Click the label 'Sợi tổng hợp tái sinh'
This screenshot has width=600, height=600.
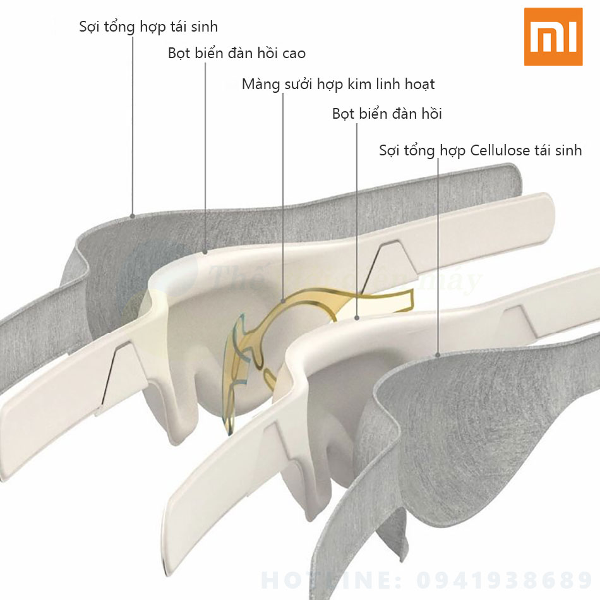[x=148, y=27]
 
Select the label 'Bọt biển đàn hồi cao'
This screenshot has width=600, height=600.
[x=237, y=53]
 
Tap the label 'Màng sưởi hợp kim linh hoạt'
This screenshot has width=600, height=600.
[x=338, y=84]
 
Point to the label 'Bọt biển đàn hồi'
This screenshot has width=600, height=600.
[x=387, y=114]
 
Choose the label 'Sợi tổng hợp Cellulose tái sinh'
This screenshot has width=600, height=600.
[x=480, y=150]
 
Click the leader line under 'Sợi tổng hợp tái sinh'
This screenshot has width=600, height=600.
[x=133, y=126]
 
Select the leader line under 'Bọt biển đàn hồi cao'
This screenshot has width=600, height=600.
[x=207, y=158]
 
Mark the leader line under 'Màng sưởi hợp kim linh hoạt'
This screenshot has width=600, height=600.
[x=282, y=189]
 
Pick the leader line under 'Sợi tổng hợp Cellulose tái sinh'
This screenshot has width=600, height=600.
[x=439, y=253]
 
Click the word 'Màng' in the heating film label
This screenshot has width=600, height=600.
[x=260, y=84]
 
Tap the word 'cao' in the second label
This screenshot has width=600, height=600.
[x=293, y=54]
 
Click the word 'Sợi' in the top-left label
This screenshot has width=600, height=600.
[x=90, y=27]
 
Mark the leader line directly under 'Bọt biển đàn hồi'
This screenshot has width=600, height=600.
[x=357, y=221]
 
